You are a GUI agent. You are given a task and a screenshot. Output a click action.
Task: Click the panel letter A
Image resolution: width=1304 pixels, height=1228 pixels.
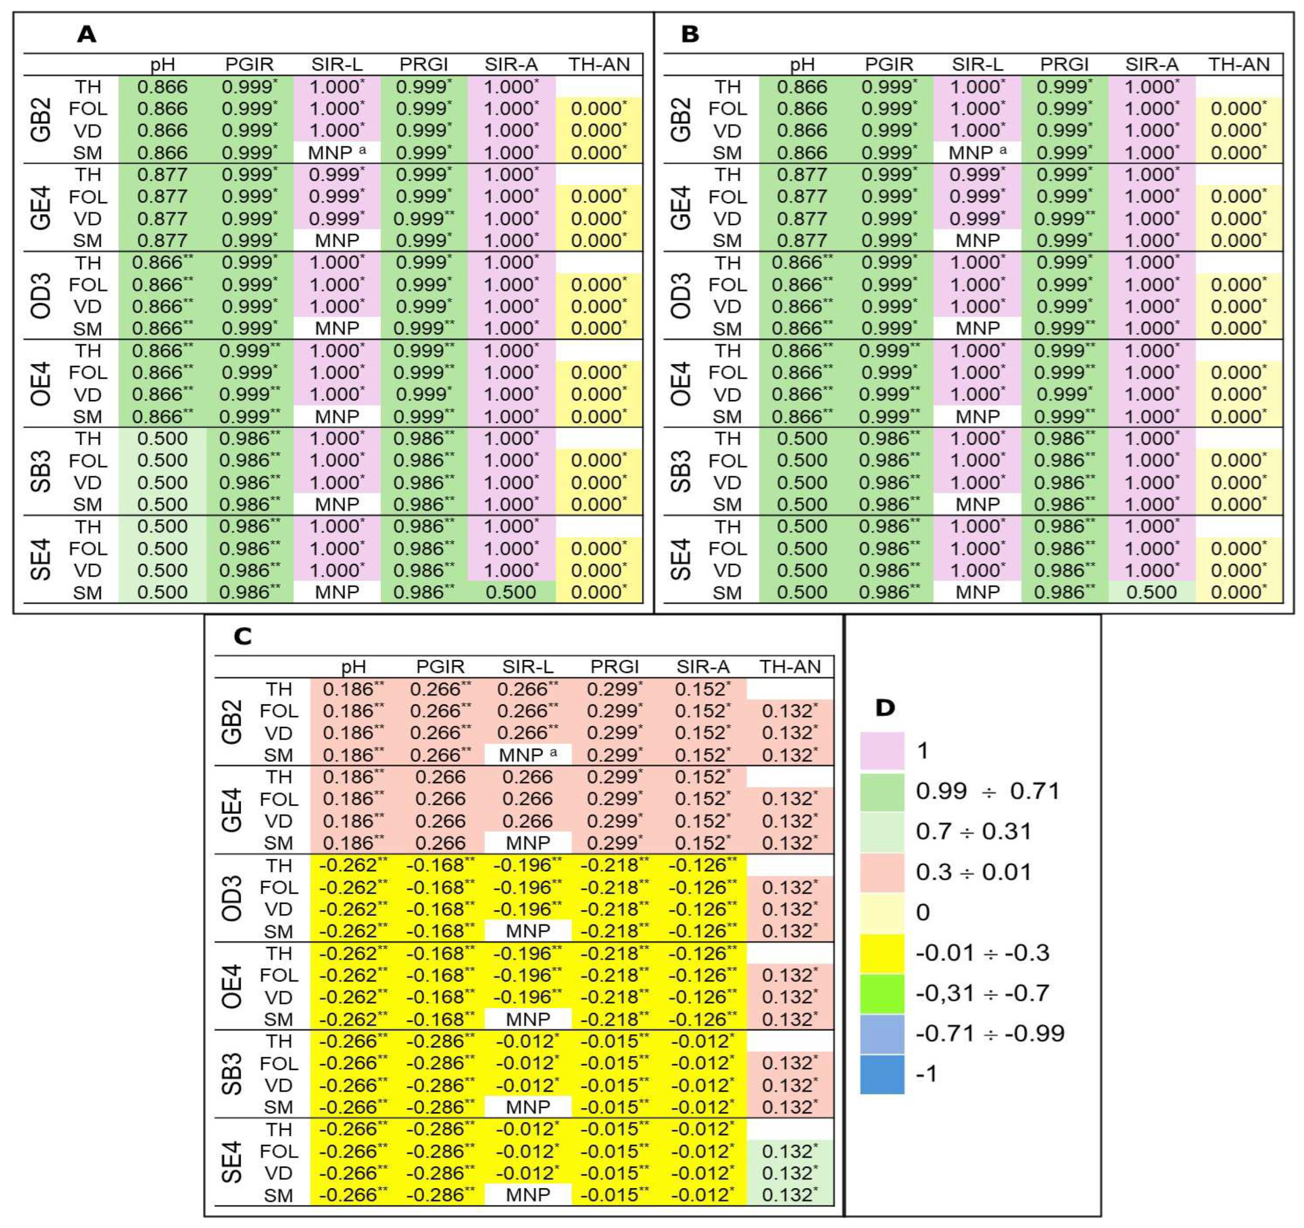pyautogui.click(x=86, y=34)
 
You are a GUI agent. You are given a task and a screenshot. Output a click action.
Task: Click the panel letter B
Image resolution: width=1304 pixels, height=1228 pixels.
pyautogui.click(x=690, y=34)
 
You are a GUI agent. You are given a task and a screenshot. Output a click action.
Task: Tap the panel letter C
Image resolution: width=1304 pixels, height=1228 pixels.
pyautogui.click(x=243, y=636)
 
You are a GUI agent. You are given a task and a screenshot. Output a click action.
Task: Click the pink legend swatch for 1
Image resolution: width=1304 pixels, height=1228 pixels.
pyautogui.click(x=882, y=750)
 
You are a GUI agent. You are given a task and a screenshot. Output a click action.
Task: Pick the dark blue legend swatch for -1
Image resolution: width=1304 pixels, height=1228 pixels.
pyautogui.click(x=882, y=1074)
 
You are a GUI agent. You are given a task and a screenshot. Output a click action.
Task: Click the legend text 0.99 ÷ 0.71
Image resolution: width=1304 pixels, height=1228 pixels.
pyautogui.click(x=988, y=791)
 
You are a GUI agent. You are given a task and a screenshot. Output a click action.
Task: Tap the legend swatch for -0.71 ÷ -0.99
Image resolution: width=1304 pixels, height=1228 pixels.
pyautogui.click(x=882, y=1034)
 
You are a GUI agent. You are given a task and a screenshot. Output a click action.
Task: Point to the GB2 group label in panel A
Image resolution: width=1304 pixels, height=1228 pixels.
pyautogui.click(x=41, y=119)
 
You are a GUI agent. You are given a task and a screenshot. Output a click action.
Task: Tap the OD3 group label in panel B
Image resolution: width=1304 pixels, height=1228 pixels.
pyautogui.click(x=681, y=295)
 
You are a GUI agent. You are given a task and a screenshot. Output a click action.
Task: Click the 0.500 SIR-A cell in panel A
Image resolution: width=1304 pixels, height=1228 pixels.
pyautogui.click(x=511, y=592)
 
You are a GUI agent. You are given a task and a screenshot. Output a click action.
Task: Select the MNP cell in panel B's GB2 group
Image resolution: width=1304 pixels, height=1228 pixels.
pyautogui.click(x=977, y=152)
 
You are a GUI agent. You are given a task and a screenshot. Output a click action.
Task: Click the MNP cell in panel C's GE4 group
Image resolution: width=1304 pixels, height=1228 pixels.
pyautogui.click(x=528, y=843)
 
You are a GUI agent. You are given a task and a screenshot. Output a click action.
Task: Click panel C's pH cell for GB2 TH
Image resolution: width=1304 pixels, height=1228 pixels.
pyautogui.click(x=353, y=689)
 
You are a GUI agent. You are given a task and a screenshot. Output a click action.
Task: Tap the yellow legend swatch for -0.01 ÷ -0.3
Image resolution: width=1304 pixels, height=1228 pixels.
pyautogui.click(x=882, y=953)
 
